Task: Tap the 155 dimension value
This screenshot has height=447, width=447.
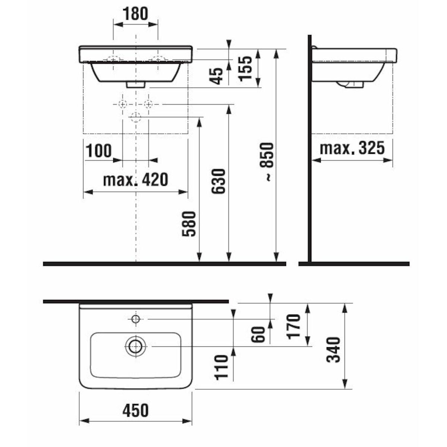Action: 245,69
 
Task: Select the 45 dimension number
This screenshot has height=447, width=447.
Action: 216,76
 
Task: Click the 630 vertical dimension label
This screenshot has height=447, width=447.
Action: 218,181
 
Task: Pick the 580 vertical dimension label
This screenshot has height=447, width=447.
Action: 189,223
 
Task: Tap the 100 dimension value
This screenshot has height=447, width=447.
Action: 99,151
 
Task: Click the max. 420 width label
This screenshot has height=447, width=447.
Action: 136,180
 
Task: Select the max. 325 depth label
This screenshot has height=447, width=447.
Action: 352,148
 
